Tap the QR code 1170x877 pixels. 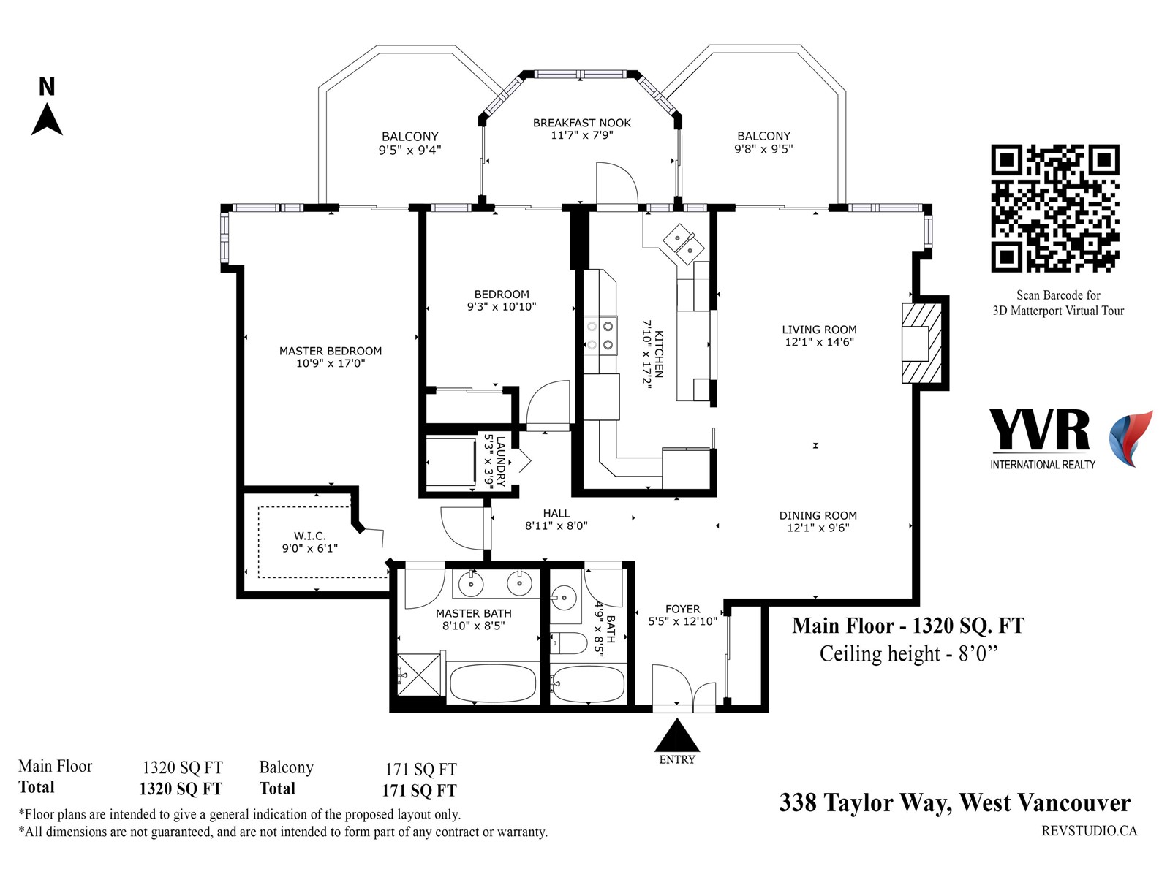click(1055, 208)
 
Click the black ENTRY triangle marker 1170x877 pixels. click(677, 735)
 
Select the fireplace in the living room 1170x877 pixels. click(921, 343)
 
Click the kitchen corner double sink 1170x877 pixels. click(683, 243)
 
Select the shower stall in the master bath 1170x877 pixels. click(420, 675)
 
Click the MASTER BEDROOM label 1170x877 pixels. click(331, 351)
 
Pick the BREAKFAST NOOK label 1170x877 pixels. click(582, 123)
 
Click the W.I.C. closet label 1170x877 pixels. click(310, 536)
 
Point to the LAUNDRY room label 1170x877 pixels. click(500, 461)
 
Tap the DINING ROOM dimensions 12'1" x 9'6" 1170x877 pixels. click(818, 528)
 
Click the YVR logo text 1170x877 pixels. click(1040, 430)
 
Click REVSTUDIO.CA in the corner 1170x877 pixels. click(1090, 831)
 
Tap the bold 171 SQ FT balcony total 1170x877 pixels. click(419, 791)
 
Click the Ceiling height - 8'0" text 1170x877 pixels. click(908, 654)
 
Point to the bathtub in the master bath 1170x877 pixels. click(493, 683)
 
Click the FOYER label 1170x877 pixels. click(683, 609)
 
